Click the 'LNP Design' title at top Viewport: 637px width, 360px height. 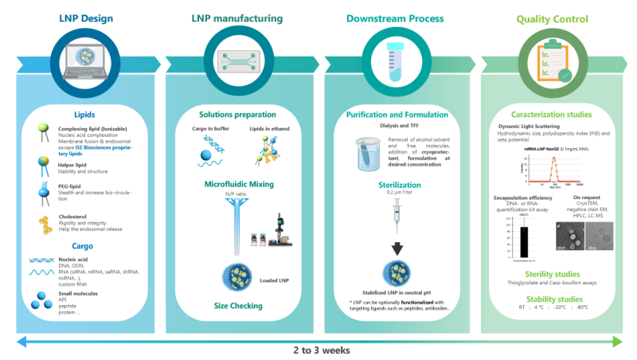85,18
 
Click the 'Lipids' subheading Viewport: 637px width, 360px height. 84,114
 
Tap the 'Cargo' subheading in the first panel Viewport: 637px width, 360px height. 84,248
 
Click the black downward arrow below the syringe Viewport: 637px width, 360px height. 396,246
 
